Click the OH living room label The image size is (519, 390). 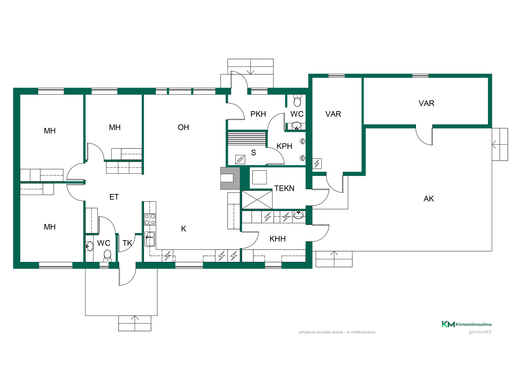pyautogui.click(x=183, y=127)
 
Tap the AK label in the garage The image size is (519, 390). pyautogui.click(x=429, y=199)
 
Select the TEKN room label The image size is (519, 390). pyautogui.click(x=284, y=188)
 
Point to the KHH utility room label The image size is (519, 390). pyautogui.click(x=277, y=239)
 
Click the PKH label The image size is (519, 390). pyautogui.click(x=258, y=114)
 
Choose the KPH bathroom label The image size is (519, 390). pyautogui.click(x=284, y=146)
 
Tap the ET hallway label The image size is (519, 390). pyautogui.click(x=114, y=197)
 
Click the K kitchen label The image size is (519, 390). pyautogui.click(x=184, y=229)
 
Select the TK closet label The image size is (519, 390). pyautogui.click(x=127, y=243)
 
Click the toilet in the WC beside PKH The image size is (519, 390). pyautogui.click(x=297, y=100)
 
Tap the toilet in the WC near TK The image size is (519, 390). pyautogui.click(x=107, y=256)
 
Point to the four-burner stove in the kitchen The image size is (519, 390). pyautogui.click(x=150, y=219)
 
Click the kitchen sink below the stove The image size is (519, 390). pyautogui.click(x=150, y=239)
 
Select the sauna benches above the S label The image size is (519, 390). pyautogui.click(x=247, y=139)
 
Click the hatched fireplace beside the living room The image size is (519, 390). pyautogui.click(x=230, y=178)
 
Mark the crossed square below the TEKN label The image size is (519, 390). pyautogui.click(x=257, y=200)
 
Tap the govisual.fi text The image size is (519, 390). pyautogui.click(x=480, y=332)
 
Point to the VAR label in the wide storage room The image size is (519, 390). pyautogui.click(x=426, y=103)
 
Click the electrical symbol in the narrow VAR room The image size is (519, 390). pyautogui.click(x=317, y=164)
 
